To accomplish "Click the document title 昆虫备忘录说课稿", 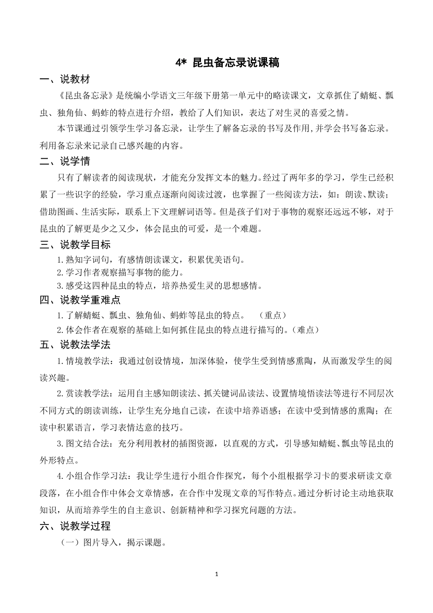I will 236,62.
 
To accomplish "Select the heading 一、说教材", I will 65,79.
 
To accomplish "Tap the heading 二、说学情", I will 65,161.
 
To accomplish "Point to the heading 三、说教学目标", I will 75,245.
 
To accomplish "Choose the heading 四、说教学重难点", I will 80,300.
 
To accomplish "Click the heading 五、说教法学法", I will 75,345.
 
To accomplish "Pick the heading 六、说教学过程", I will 75,526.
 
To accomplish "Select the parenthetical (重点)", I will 273,315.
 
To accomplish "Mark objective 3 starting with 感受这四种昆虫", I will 160,286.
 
